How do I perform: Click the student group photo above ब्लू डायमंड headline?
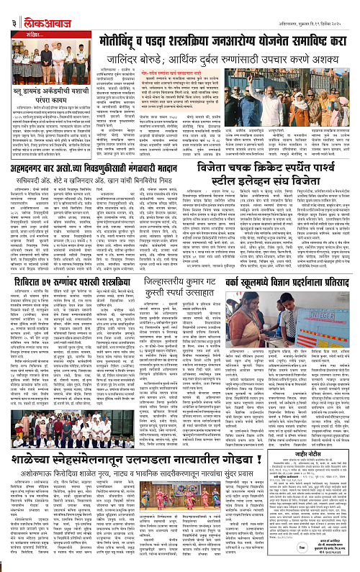click(x=35, y=70)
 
